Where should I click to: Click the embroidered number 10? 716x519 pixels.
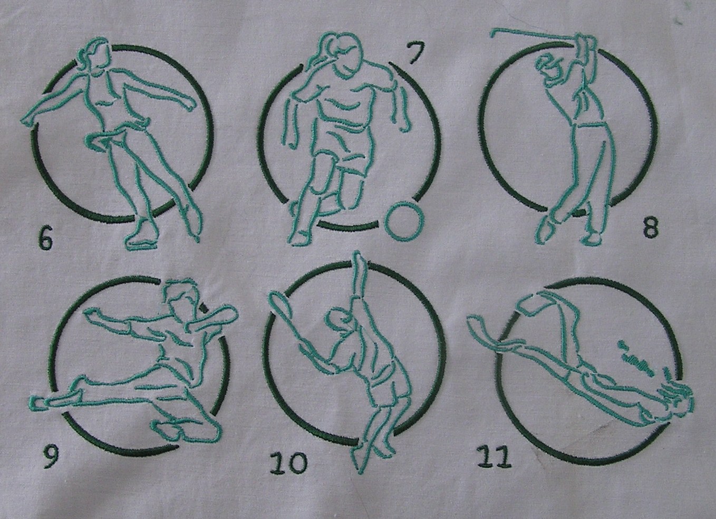point(288,463)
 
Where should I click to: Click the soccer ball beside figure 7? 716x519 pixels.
point(404,220)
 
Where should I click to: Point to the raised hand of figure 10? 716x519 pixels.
point(359,259)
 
